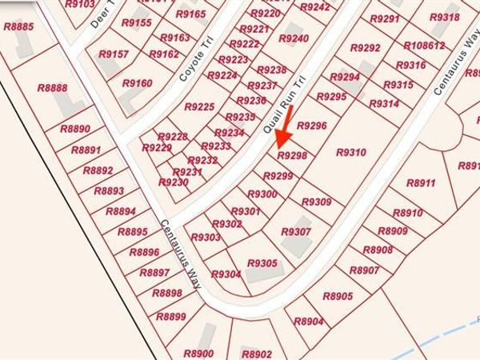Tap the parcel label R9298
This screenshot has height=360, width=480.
coord(291,155)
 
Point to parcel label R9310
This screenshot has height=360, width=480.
coord(350,152)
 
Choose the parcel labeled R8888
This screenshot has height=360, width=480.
coord(53,88)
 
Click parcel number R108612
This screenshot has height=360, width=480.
coord(424,46)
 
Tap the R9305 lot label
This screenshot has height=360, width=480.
coord(262,263)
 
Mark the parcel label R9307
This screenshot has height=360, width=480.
coord(295,232)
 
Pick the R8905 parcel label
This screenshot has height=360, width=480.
coord(338,297)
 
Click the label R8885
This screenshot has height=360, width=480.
coord(18,26)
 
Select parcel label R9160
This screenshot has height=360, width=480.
coord(137,83)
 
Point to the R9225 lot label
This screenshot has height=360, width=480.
coord(199,106)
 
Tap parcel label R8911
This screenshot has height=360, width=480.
coord(421,183)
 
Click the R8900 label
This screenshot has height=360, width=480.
coord(198,354)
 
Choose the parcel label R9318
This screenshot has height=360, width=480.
coord(445,18)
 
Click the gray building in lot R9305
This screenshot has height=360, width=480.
coord(259,275)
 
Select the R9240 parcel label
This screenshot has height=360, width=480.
coord(294,38)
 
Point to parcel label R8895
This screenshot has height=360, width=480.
coord(132,232)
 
